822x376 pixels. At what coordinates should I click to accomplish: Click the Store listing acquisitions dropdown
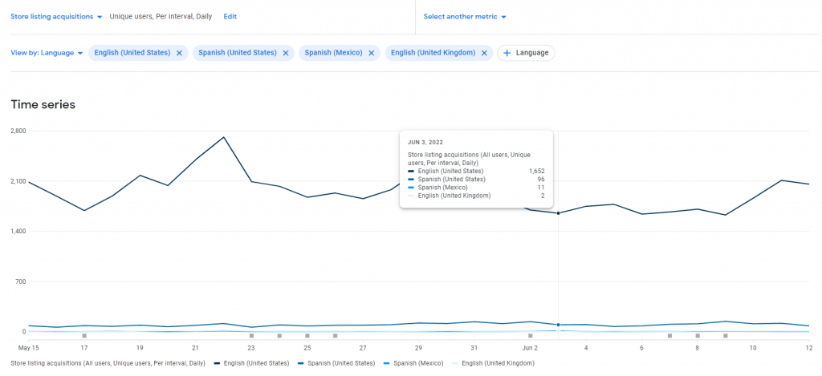pyautogui.click(x=56, y=16)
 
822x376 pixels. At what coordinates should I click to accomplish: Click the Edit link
pyautogui.click(x=230, y=16)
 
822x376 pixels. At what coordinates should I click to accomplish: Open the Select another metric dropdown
pyautogui.click(x=465, y=16)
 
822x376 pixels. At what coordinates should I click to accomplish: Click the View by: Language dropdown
pyautogui.click(x=47, y=53)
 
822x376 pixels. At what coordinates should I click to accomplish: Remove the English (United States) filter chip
pyautogui.click(x=179, y=53)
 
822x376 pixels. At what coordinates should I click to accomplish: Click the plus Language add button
pyautogui.click(x=526, y=53)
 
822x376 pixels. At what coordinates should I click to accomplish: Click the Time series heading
pyautogui.click(x=43, y=104)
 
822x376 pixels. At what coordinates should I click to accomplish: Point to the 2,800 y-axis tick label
pyautogui.click(x=18, y=131)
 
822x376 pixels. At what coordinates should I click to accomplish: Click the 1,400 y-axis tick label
pyautogui.click(x=18, y=232)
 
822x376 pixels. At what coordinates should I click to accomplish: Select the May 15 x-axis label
pyautogui.click(x=29, y=348)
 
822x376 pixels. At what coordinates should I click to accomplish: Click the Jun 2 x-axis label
pyautogui.click(x=530, y=348)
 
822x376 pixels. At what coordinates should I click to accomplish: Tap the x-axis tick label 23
pyautogui.click(x=251, y=348)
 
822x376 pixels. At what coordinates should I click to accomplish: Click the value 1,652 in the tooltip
pyautogui.click(x=537, y=171)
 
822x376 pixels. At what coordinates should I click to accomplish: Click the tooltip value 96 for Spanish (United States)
pyautogui.click(x=540, y=179)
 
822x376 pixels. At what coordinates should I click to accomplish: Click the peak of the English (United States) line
pyautogui.click(x=223, y=137)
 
